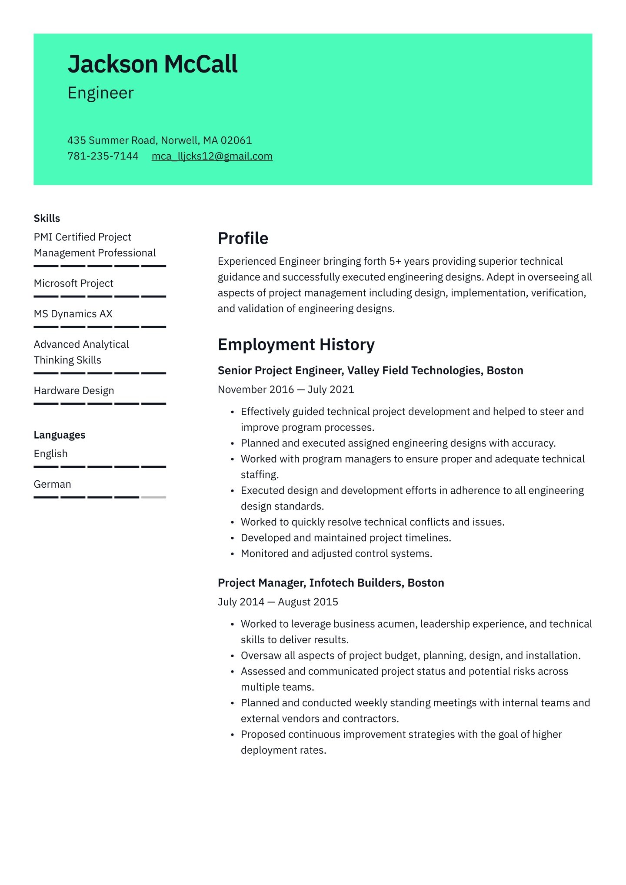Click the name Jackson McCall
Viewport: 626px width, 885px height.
(153, 64)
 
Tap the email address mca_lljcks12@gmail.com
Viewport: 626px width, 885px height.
(212, 156)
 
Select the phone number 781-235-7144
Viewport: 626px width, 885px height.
(103, 156)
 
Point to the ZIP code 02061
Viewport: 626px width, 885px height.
(236, 140)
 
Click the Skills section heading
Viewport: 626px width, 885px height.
(47, 218)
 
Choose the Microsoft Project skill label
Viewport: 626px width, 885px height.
(73, 283)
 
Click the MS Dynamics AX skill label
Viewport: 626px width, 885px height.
(73, 314)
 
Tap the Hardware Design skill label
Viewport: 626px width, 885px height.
(74, 391)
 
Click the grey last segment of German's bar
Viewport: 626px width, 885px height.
(153, 497)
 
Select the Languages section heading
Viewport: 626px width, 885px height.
(60, 435)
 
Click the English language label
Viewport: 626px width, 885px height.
(50, 454)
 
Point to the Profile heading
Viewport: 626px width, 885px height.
(243, 239)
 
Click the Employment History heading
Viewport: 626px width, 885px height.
(296, 345)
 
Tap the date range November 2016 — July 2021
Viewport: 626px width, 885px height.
(286, 389)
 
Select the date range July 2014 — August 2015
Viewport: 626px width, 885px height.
(278, 602)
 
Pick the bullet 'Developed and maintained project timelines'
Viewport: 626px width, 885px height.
(346, 538)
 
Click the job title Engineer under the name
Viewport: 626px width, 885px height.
(100, 93)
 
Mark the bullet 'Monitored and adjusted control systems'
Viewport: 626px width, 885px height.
(336, 554)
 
